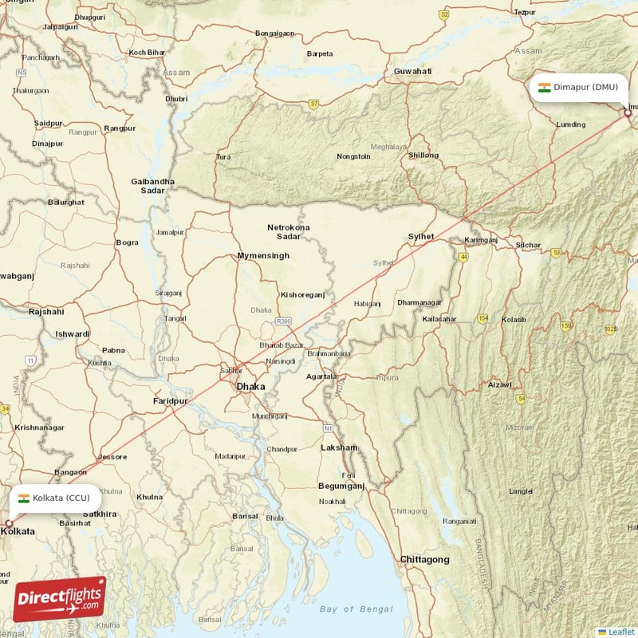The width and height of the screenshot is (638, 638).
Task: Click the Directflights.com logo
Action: click(60, 598)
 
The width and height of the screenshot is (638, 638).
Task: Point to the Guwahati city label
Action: click(412, 72)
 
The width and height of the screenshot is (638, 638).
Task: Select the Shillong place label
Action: click(423, 155)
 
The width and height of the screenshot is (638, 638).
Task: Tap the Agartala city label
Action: click(322, 376)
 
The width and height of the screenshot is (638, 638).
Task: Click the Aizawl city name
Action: click(499, 384)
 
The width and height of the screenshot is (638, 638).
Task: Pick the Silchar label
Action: click(528, 245)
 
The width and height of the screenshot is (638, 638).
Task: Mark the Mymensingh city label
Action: click(263, 256)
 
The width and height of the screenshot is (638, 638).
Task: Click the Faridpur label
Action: click(170, 400)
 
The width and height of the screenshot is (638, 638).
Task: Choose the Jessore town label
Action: click(112, 457)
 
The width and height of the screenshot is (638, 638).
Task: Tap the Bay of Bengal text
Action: click(356, 609)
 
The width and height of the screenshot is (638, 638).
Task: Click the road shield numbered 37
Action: click(314, 103)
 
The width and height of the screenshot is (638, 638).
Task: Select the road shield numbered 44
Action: click(463, 257)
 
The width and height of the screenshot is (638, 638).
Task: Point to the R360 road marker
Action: click(283, 321)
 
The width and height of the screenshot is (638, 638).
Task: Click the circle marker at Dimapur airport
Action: click(628, 113)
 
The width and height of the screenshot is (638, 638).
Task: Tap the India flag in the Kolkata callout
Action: click(24, 498)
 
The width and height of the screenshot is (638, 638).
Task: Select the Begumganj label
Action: click(341, 485)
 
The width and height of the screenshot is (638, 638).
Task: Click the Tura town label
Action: click(223, 157)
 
